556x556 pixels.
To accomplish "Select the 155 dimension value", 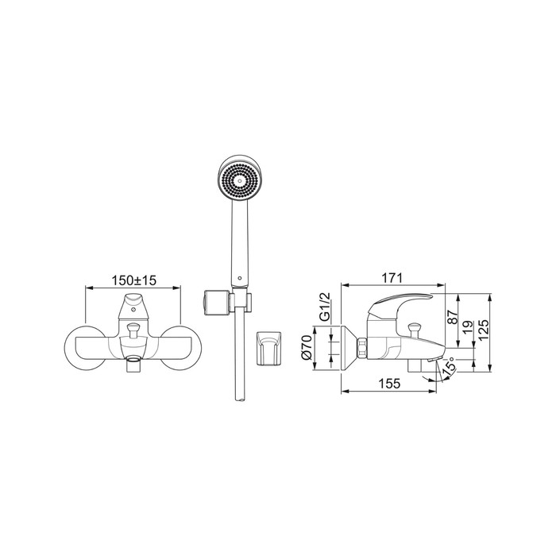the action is click(x=390, y=384).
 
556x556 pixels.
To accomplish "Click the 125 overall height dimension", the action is click(x=484, y=330).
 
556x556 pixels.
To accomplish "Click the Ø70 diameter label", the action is click(x=307, y=348).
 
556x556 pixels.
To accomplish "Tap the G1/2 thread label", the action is click(x=325, y=307).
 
